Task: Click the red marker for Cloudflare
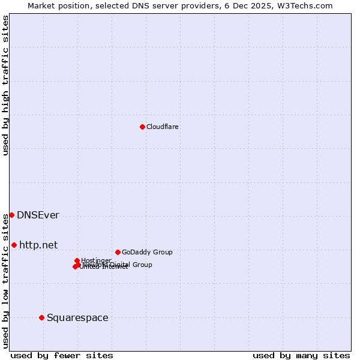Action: (142, 127)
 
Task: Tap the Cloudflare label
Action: (162, 127)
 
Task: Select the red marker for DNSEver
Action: (11, 215)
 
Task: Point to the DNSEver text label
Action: (38, 215)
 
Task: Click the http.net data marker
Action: (14, 245)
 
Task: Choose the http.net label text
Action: (38, 245)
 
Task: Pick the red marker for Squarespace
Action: (41, 317)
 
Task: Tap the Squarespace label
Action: (77, 317)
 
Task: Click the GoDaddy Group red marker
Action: (118, 252)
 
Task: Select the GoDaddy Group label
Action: (147, 252)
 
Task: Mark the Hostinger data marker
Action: (77, 260)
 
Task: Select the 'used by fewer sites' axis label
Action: (62, 355)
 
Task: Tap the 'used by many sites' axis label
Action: (301, 355)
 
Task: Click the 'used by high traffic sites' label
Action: (5, 85)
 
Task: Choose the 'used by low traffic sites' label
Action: (5, 281)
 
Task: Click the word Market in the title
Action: (42, 5)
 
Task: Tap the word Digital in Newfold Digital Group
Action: (121, 265)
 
